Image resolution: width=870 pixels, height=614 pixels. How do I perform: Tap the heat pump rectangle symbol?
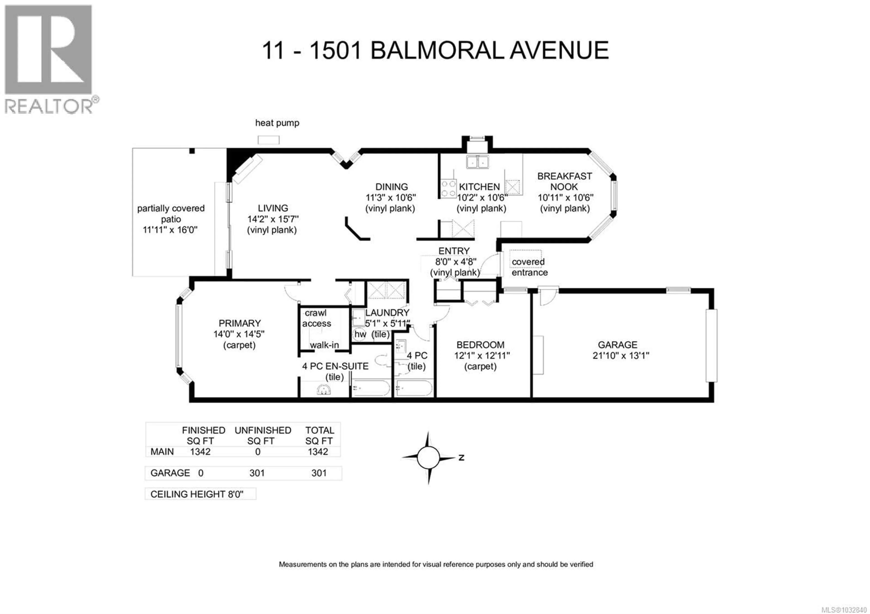click(x=269, y=140)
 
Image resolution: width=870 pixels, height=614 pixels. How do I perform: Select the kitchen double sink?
click(x=477, y=162)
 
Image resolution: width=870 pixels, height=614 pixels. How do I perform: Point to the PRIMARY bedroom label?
click(x=239, y=323)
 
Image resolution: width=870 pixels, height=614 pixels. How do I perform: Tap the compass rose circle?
click(x=429, y=458)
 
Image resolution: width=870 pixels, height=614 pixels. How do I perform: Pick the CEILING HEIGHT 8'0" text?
click(x=197, y=494)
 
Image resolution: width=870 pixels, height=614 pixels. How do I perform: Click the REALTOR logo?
click(x=48, y=59)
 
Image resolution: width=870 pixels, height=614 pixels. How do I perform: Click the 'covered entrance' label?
click(x=529, y=267)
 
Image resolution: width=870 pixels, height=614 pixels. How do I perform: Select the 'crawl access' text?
click(x=317, y=318)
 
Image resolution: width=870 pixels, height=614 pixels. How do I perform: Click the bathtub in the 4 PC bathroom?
click(x=414, y=388)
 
